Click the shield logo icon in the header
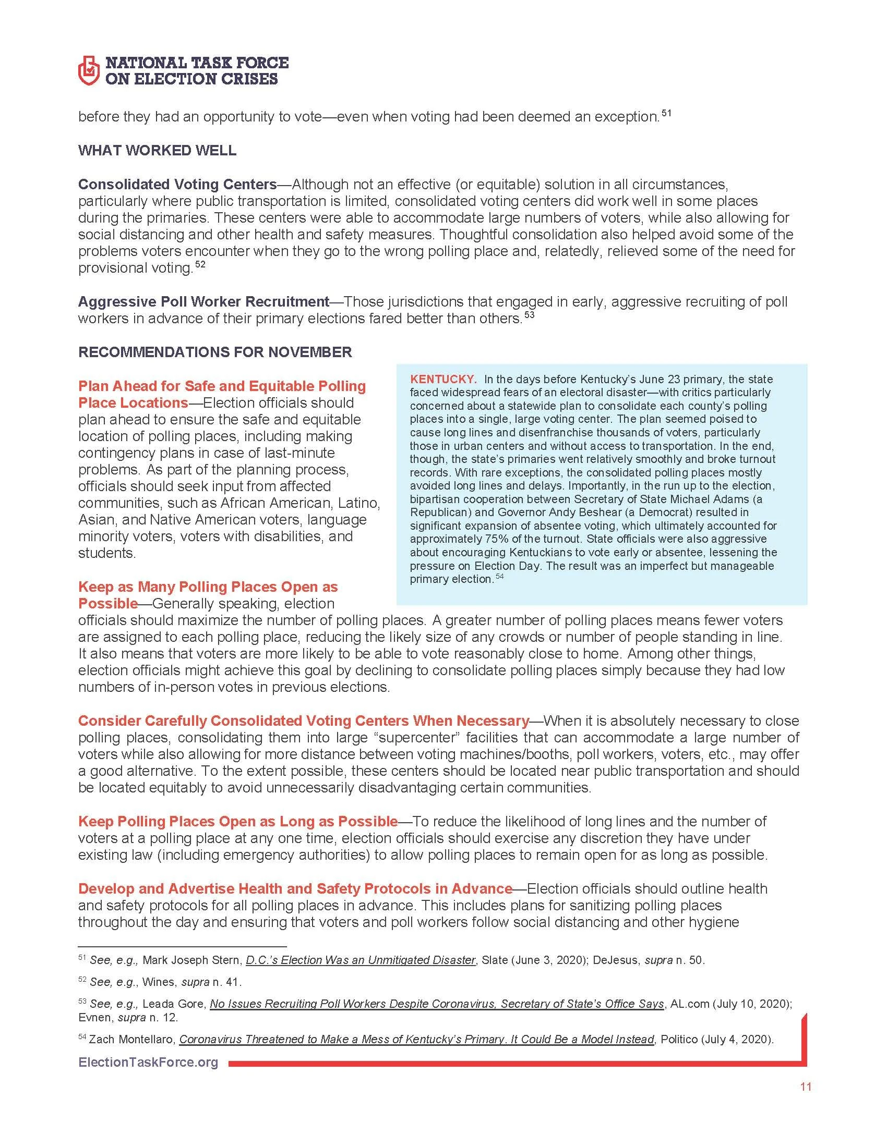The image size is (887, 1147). click(x=88, y=71)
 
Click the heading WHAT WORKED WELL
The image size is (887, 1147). click(x=157, y=150)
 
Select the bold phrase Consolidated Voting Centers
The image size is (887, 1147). click(x=177, y=185)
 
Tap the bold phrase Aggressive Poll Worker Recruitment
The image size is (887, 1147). click(x=203, y=301)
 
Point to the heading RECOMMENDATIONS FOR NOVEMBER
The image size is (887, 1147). click(x=215, y=351)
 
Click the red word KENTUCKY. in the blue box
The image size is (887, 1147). click(x=443, y=379)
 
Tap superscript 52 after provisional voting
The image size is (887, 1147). click(x=200, y=265)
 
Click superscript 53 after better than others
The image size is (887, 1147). click(x=529, y=315)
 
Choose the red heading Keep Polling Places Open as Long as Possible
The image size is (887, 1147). click(x=237, y=821)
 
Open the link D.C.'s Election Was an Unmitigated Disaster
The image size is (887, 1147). click(x=361, y=960)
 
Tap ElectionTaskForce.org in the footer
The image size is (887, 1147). click(x=148, y=1063)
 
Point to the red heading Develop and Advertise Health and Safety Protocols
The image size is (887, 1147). click(x=295, y=888)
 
